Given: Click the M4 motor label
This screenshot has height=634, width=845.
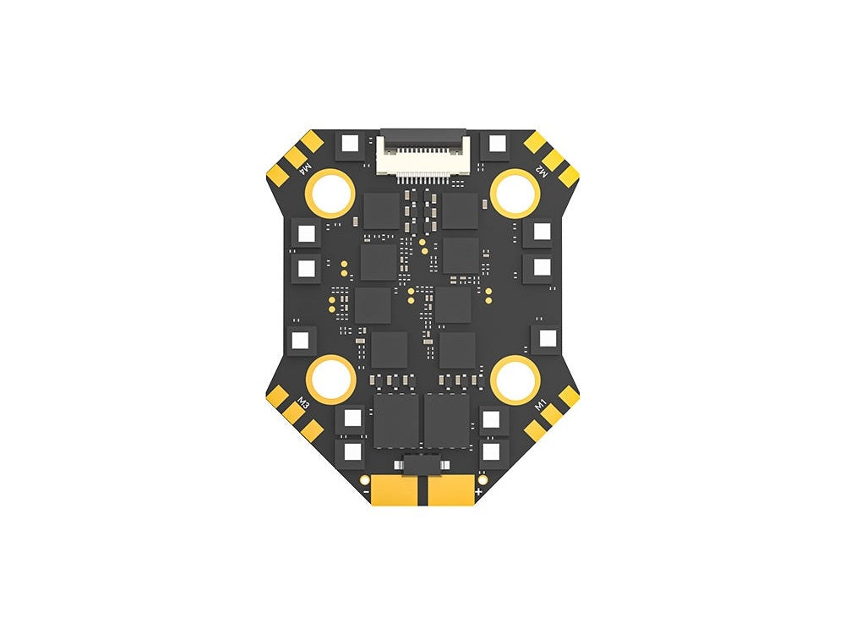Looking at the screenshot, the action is pyautogui.click(x=305, y=169).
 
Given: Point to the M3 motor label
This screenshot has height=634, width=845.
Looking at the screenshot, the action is pyautogui.click(x=303, y=403).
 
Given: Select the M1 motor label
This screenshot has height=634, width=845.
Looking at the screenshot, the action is pyautogui.click(x=541, y=404).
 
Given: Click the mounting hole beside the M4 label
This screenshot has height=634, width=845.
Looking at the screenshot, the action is pyautogui.click(x=330, y=194).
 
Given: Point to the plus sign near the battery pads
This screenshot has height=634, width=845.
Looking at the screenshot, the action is pyautogui.click(x=478, y=491).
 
